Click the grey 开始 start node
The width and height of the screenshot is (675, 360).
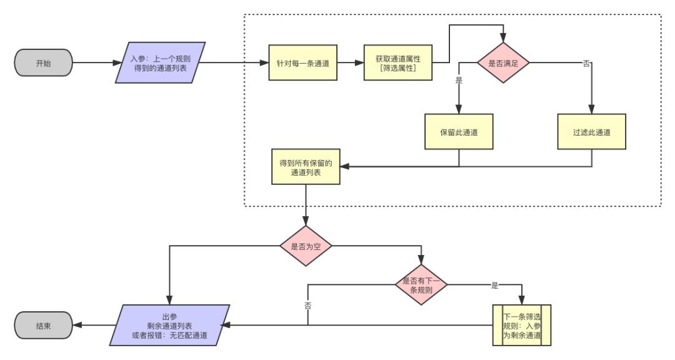[43, 64]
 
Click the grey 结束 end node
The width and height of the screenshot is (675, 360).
[43, 326]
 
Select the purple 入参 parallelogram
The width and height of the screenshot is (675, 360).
[161, 63]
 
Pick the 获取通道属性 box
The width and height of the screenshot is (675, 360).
[397, 63]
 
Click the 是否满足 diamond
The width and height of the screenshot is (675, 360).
[503, 63]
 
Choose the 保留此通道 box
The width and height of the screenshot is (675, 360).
[459, 132]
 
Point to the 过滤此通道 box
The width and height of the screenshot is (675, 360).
[592, 132]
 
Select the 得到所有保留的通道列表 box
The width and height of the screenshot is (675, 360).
[306, 166]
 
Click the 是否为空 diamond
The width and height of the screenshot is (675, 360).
[306, 246]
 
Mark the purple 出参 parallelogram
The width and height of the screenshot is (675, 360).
[169, 326]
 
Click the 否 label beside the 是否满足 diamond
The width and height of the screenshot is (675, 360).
[586, 64]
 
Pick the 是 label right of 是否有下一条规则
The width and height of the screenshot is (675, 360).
[495, 286]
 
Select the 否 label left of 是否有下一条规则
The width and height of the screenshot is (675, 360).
[307, 306]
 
